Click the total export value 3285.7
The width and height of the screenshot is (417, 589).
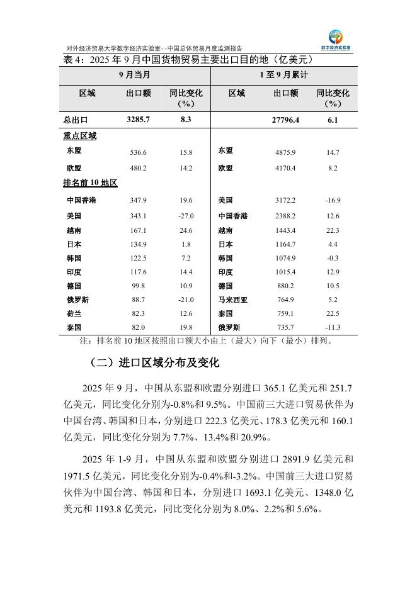[138, 120]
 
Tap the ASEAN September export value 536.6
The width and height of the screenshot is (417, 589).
[138, 153]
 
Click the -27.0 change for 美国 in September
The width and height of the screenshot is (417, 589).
[185, 216]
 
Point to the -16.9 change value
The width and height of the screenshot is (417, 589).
[333, 201]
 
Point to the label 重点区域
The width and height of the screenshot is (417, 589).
[79, 136]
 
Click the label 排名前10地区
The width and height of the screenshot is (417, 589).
[91, 183]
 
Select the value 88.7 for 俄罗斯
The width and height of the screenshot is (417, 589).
[138, 300]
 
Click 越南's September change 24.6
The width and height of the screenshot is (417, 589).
[185, 230]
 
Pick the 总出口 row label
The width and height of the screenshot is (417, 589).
[76, 120]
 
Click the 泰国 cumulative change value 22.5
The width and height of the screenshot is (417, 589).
[333, 313]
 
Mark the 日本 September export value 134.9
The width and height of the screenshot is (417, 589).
[138, 244]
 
